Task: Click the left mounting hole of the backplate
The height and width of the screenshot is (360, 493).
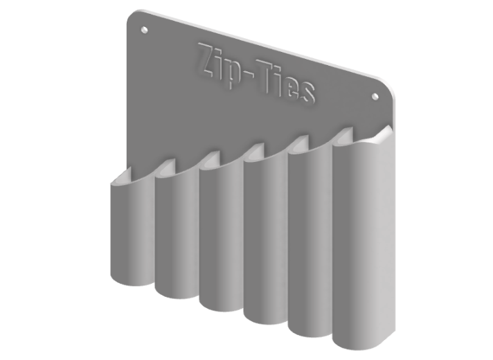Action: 144,30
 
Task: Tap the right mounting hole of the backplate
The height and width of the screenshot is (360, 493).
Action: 375,96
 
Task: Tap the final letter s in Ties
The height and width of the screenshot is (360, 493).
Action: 307,92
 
